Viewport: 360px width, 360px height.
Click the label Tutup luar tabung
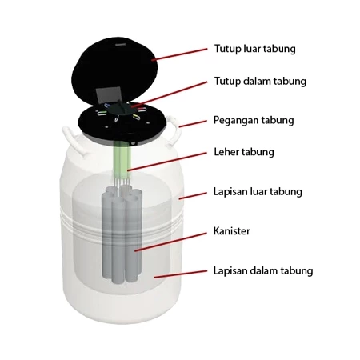click(x=255, y=49)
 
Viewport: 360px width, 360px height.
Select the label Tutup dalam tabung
click(x=260, y=82)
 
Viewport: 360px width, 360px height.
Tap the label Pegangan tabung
click(x=254, y=121)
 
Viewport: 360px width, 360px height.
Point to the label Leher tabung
click(x=244, y=152)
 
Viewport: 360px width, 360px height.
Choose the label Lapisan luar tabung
click(x=258, y=192)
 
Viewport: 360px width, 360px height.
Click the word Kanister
click(x=232, y=231)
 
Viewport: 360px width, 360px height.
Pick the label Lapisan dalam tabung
click(x=263, y=270)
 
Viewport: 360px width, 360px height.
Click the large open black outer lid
click(x=114, y=70)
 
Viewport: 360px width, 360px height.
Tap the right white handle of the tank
click(x=174, y=130)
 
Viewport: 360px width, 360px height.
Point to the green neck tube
click(x=122, y=160)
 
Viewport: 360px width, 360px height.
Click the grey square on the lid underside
click(x=109, y=95)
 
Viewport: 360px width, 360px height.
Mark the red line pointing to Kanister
click(x=170, y=242)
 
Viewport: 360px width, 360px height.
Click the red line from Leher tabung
click(x=167, y=162)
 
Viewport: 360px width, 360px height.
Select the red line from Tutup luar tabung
click(x=179, y=54)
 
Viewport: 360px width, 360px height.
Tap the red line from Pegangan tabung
click(x=193, y=124)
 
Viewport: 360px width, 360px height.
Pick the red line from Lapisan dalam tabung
click(x=180, y=274)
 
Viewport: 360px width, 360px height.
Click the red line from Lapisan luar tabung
click(x=193, y=196)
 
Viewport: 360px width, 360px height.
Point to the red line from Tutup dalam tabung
click(x=169, y=94)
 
